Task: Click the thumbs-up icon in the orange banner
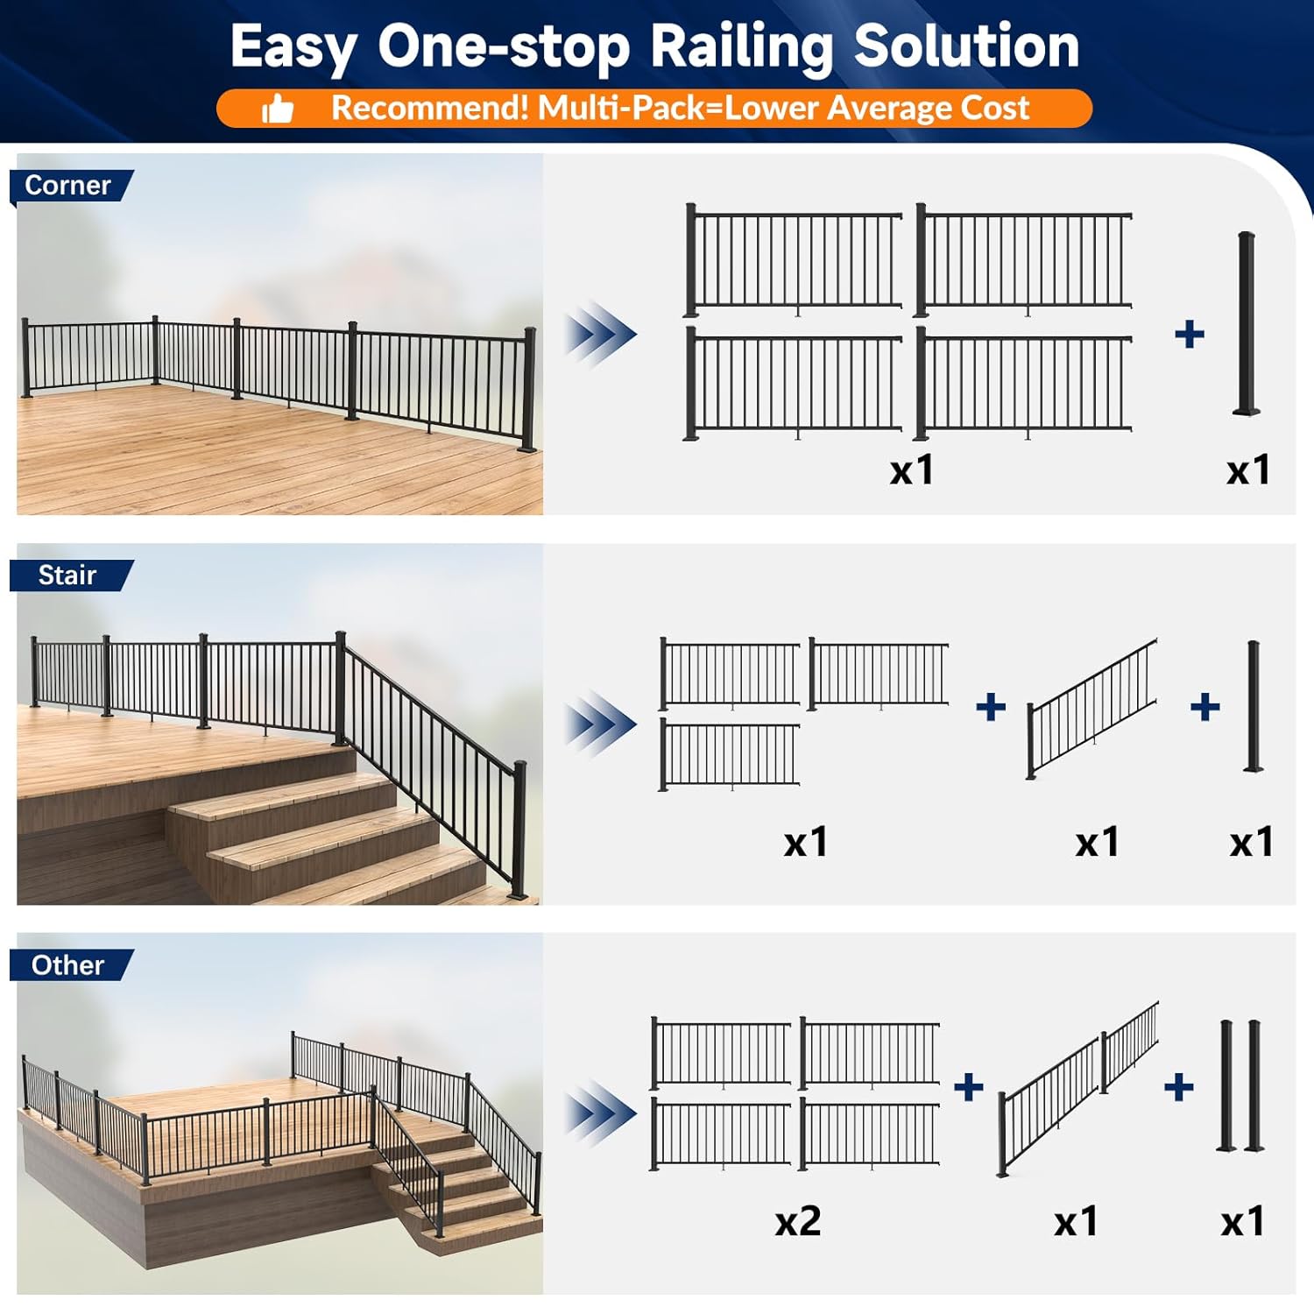tap(278, 109)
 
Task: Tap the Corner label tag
tap(68, 186)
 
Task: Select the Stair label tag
tap(67, 576)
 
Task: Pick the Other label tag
tap(68, 965)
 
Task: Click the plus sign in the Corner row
tap(1189, 334)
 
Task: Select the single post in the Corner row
tap(1247, 322)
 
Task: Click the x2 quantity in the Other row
tap(797, 1221)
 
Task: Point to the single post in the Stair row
tap(1254, 706)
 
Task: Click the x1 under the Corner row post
tap(1247, 470)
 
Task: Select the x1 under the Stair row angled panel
tap(1097, 843)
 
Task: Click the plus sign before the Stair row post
tap(1205, 707)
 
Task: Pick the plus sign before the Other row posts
tap(1179, 1087)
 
